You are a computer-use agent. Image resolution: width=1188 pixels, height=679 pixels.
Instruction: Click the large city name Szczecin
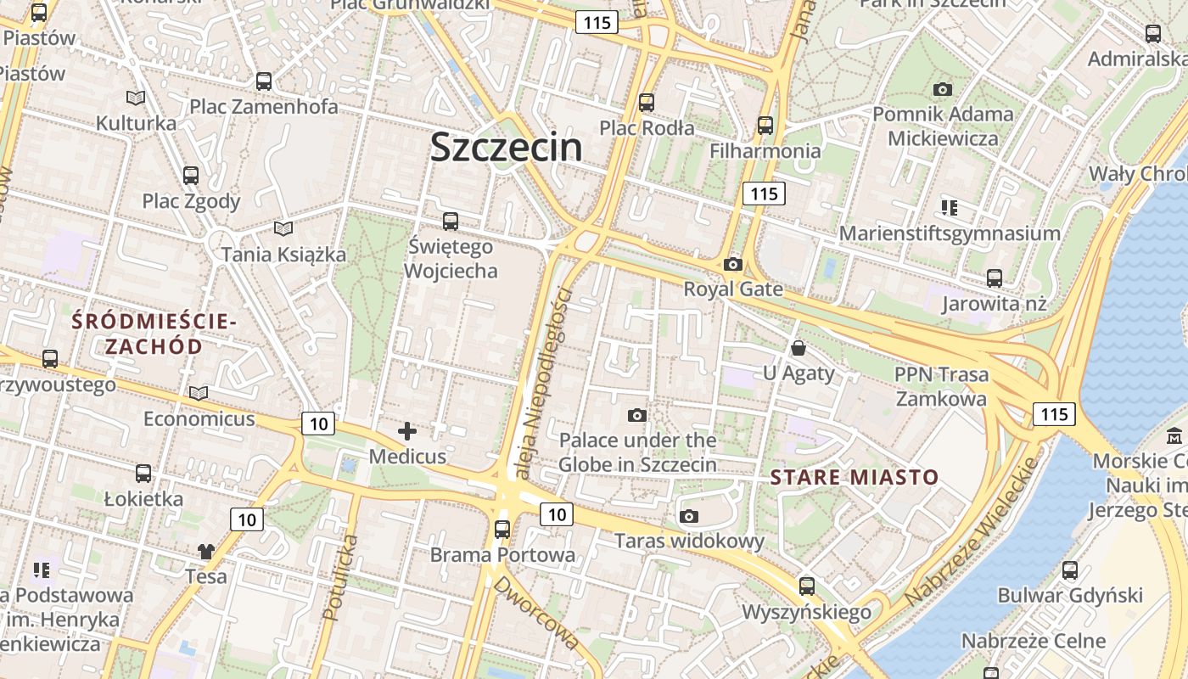[x=507, y=147]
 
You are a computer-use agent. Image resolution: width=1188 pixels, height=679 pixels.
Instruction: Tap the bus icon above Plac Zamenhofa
[x=264, y=81]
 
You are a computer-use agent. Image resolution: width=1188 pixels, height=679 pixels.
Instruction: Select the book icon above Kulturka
[x=136, y=98]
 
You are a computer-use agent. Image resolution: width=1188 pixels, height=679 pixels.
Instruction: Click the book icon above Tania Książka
[x=283, y=228]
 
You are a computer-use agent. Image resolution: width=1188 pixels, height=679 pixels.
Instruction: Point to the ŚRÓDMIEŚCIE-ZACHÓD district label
[x=153, y=334]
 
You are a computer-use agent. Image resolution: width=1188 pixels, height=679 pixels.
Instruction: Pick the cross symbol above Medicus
[x=407, y=431]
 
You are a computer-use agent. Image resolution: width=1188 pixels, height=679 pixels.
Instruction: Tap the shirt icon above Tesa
[x=206, y=552]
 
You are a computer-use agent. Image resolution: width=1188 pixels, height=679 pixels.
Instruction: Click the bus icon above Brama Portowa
[x=502, y=530]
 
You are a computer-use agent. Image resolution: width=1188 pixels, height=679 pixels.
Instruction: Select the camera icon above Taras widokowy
[x=689, y=516]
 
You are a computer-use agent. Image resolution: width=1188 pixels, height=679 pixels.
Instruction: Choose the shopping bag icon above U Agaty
[x=799, y=348]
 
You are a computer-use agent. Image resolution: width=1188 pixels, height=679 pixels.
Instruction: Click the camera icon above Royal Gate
[x=733, y=265]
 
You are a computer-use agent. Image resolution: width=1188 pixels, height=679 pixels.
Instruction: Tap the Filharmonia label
[x=765, y=151]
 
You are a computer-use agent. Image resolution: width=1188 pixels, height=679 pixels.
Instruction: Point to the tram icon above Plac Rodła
[x=647, y=103]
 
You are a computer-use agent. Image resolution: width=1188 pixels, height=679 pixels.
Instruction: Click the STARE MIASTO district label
[x=855, y=477]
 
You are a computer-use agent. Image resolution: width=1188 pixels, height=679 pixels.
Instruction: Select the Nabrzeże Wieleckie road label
[x=972, y=532]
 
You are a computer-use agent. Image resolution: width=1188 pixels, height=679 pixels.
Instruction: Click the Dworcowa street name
[x=536, y=613]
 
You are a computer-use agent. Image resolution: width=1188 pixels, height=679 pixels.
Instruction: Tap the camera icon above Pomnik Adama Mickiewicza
[x=942, y=89]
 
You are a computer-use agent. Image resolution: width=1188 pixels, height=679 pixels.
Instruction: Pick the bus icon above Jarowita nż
[x=995, y=278]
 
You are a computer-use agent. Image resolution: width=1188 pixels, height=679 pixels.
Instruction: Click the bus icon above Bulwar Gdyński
[x=1070, y=570]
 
